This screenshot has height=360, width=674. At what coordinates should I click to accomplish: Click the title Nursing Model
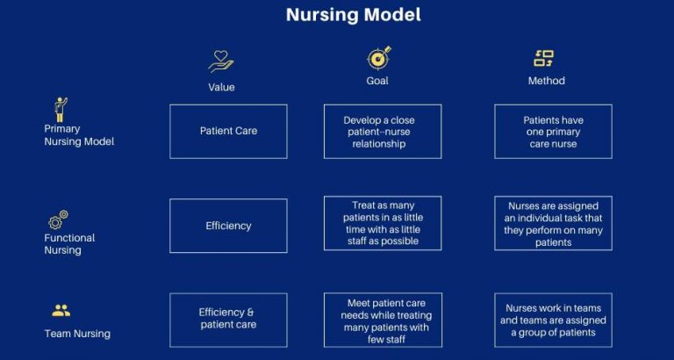[x=353, y=15]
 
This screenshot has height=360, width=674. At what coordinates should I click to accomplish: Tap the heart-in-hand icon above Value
[x=221, y=60]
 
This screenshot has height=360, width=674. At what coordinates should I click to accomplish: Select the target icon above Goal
[x=378, y=58]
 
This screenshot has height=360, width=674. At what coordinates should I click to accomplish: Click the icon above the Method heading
[x=544, y=59]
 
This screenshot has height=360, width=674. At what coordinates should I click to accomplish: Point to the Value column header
[x=221, y=87]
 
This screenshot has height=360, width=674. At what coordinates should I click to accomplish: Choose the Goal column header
[x=377, y=81]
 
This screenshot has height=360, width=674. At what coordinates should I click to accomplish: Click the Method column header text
[x=546, y=81]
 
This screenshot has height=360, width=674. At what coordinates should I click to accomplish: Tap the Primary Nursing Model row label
[x=78, y=135]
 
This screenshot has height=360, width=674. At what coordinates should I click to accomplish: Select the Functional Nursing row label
[x=69, y=244]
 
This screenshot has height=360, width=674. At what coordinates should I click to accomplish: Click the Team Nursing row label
[x=77, y=334]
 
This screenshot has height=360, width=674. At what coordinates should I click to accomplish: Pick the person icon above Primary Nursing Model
[x=60, y=110]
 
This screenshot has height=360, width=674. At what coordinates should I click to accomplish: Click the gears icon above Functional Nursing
[x=59, y=220]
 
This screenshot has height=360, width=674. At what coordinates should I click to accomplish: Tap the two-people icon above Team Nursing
[x=61, y=311]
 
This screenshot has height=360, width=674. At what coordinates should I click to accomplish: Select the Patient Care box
[x=228, y=132]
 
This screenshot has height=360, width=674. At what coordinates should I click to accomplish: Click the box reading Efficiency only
[x=228, y=226]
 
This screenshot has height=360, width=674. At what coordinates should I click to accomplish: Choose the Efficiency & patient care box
[x=228, y=319]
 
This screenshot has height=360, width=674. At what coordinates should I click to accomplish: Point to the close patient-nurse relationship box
[x=382, y=132]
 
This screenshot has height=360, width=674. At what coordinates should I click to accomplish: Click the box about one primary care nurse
[x=553, y=132]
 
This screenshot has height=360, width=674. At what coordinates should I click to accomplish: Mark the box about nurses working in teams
[x=553, y=320]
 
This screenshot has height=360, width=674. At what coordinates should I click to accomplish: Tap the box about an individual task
[x=553, y=224]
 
